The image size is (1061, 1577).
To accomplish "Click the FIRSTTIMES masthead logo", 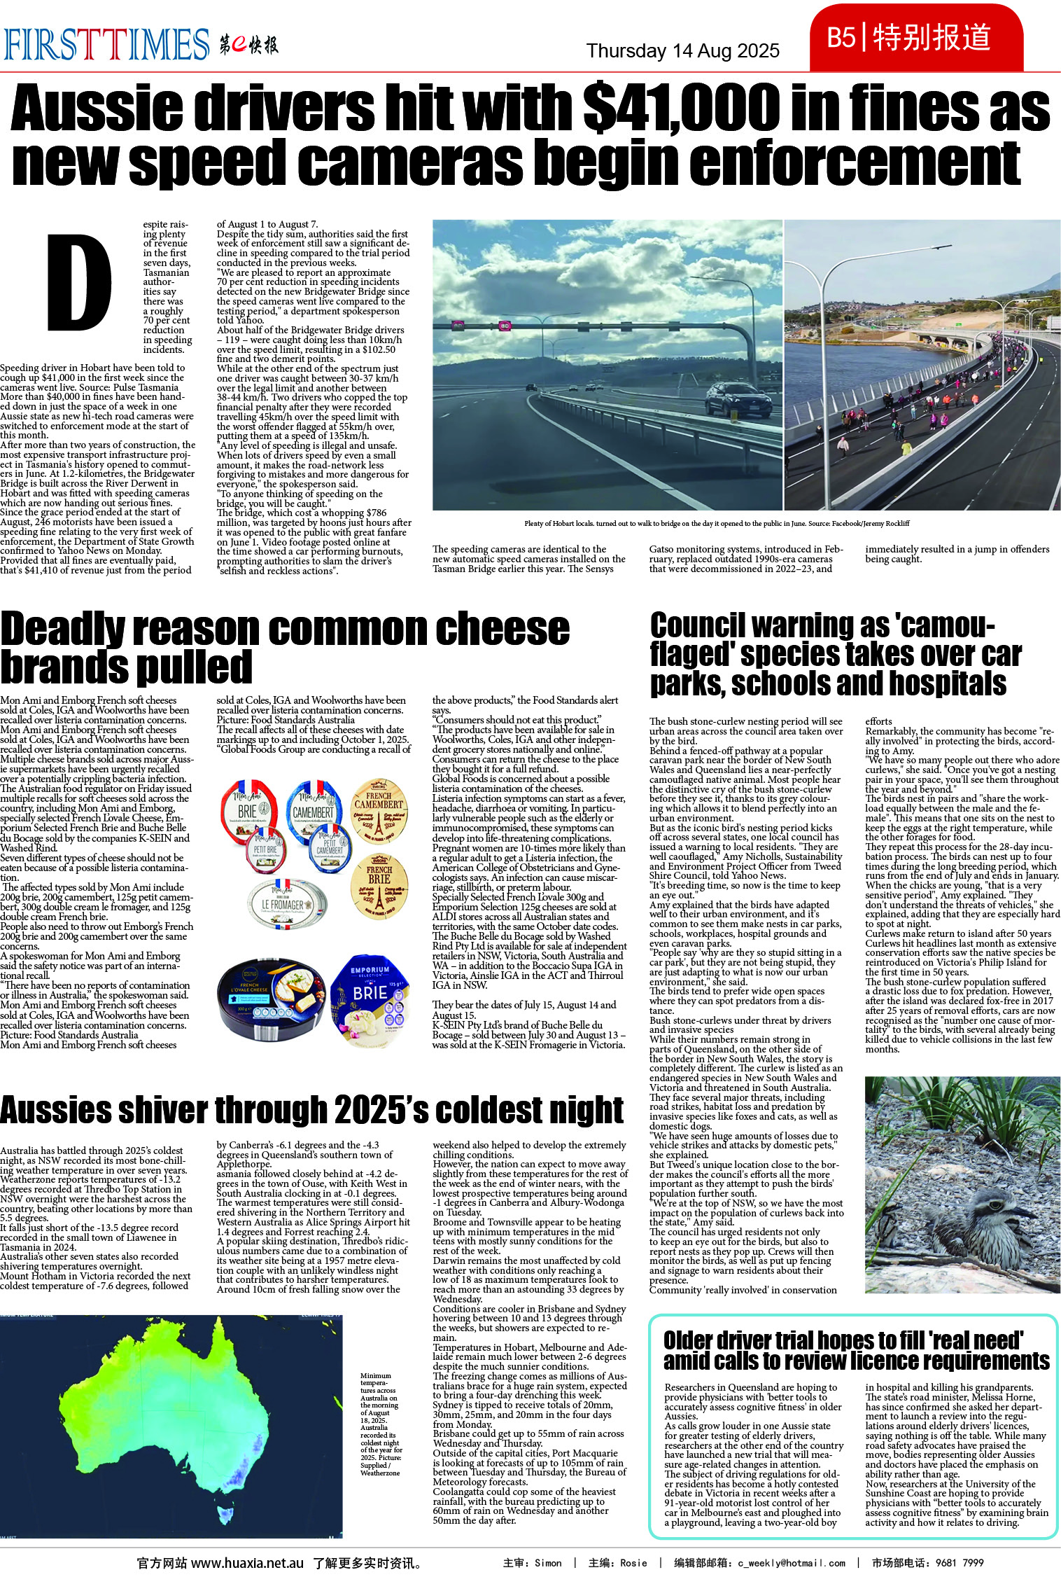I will point(106,44).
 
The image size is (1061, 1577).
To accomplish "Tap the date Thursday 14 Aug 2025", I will point(682,51).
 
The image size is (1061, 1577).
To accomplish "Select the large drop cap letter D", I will point(79,282).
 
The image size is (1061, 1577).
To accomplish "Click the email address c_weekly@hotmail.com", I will point(791,1563).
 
